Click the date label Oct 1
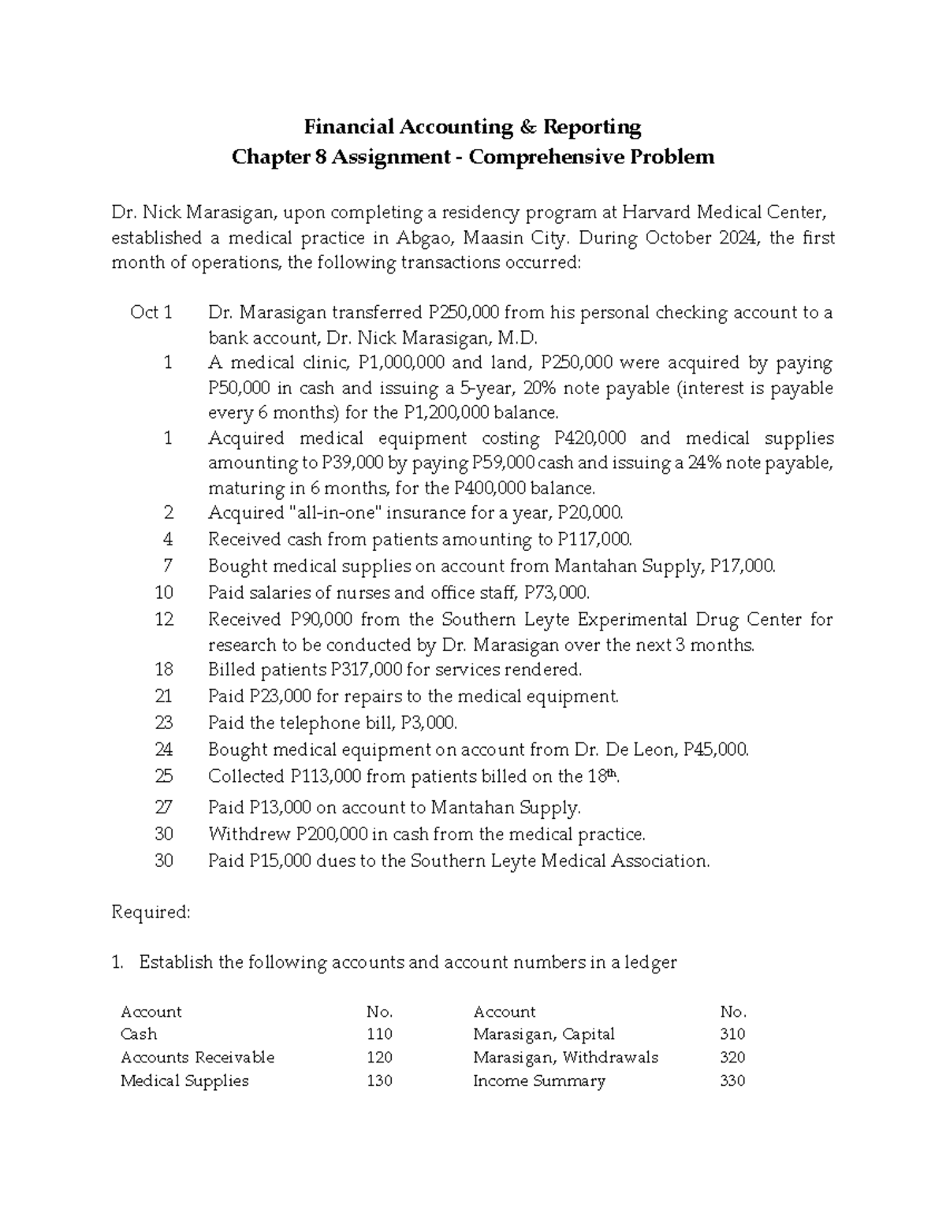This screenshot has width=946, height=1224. pyautogui.click(x=151, y=313)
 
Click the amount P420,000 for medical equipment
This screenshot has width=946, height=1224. pyautogui.click(x=590, y=438)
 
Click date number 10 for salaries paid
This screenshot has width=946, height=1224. pyautogui.click(x=164, y=593)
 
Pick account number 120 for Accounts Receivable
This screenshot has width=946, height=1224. pyautogui.click(x=379, y=1058)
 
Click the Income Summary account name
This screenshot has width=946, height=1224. pyautogui.click(x=538, y=1081)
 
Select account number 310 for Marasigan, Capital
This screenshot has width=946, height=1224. pyautogui.click(x=732, y=1034)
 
